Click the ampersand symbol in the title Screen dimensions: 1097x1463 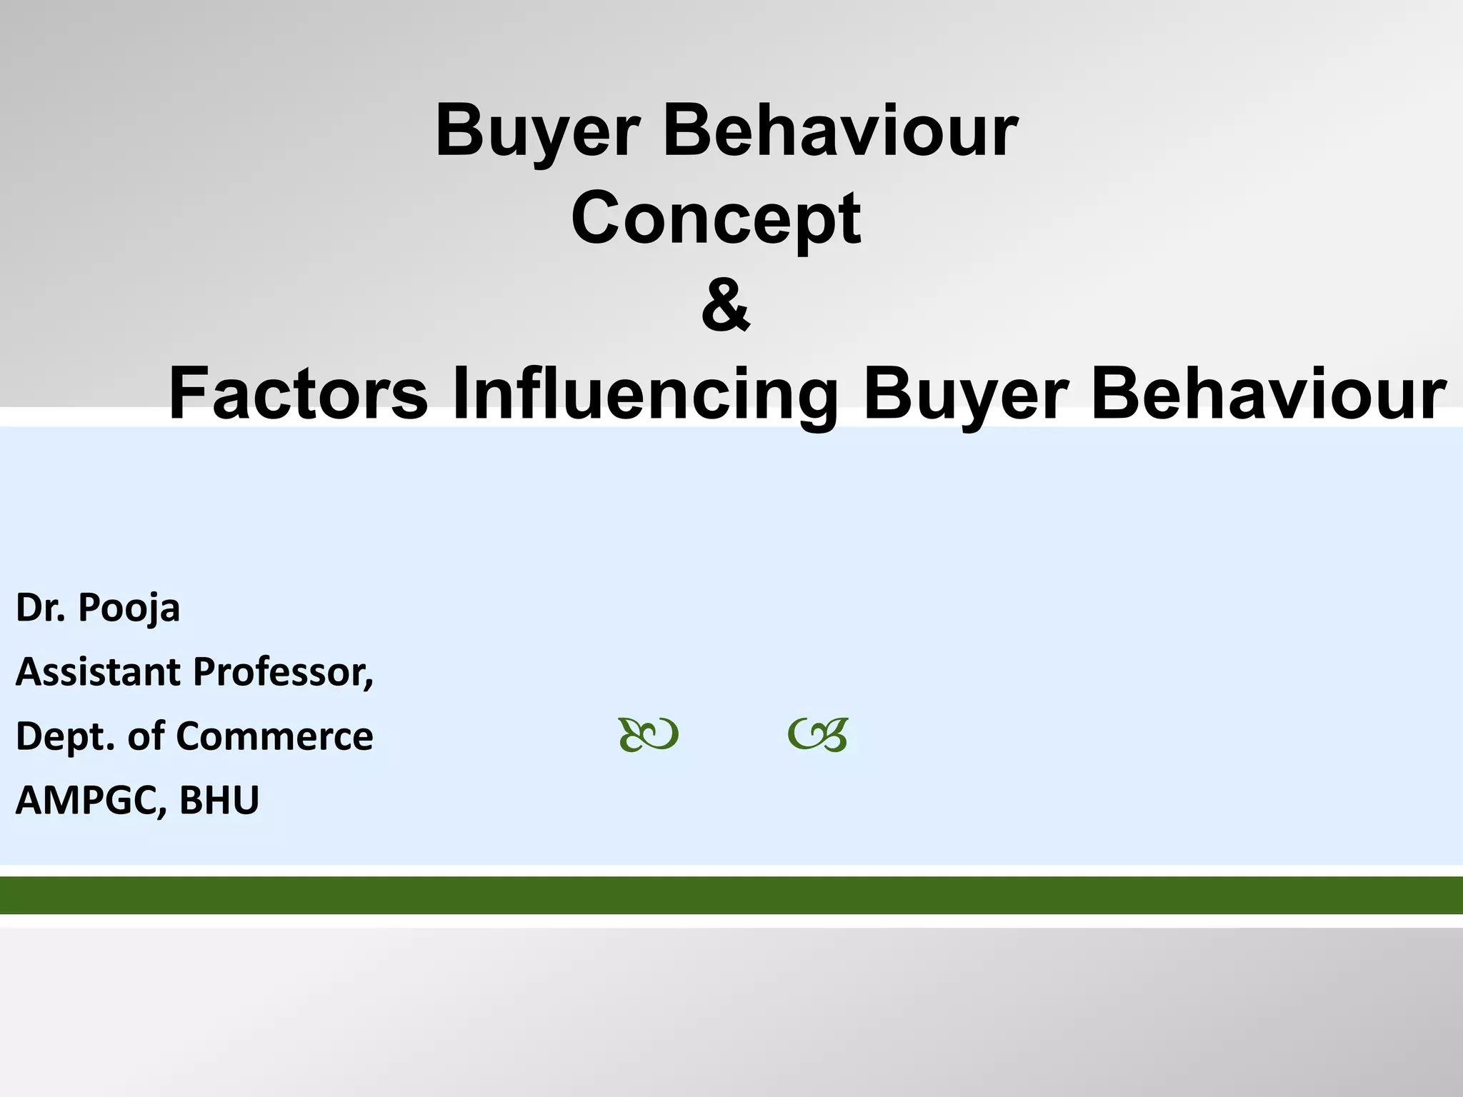point(726,306)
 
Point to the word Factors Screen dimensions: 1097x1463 point(298,394)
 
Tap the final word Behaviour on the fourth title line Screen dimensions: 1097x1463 point(1268,394)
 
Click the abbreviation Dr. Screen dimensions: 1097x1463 point(41,608)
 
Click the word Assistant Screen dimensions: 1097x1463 point(97,672)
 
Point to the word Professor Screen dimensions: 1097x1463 point(283,672)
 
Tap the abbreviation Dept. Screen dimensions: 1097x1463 point(64,737)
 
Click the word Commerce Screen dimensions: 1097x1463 point(274,736)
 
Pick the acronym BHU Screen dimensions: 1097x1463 point(219,801)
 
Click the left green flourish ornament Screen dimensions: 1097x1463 point(648,735)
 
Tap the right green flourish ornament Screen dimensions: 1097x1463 point(818,735)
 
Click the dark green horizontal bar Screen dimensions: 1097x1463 point(731,895)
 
